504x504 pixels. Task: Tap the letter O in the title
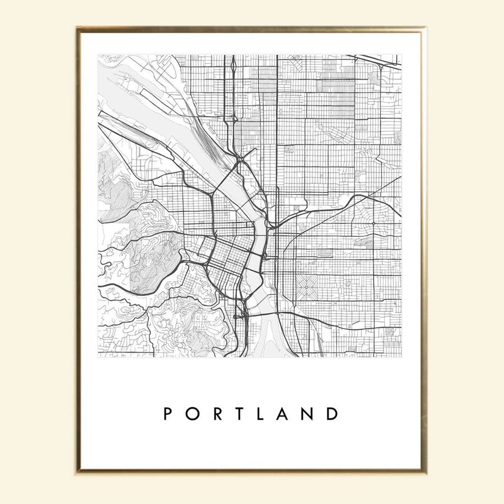click(x=193, y=414)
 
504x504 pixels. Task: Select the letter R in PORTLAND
click(x=218, y=414)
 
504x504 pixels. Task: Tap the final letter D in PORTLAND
click(x=333, y=414)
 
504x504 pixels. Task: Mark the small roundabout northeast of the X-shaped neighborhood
click(x=373, y=224)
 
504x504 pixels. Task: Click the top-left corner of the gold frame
click(x=78, y=28)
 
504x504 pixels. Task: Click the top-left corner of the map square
click(x=98, y=55)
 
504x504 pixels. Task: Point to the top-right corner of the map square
click(x=401, y=55)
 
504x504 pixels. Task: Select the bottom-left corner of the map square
click(x=98, y=357)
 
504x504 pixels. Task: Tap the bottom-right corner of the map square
click(x=401, y=357)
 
